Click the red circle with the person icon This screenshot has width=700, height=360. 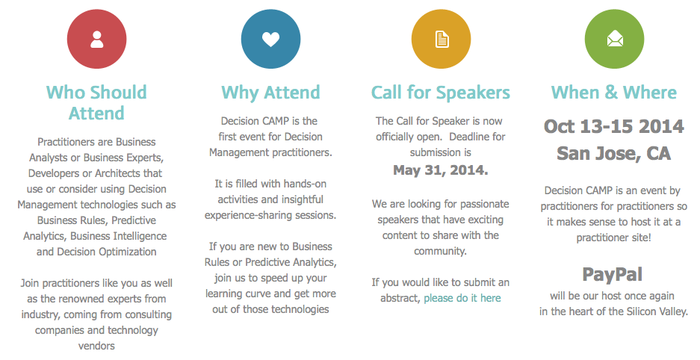(97, 40)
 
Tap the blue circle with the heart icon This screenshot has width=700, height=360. (270, 40)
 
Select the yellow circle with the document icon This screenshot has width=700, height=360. (441, 40)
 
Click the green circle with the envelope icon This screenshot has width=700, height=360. (614, 40)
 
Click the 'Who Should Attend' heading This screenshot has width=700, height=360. (96, 102)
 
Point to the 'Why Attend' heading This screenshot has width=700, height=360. (270, 93)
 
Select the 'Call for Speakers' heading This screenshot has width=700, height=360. (441, 93)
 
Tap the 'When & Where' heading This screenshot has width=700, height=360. (614, 93)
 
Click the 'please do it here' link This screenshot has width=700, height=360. (462, 298)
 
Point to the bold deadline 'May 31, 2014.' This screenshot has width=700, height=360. (441, 170)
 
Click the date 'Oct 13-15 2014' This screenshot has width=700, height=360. (614, 126)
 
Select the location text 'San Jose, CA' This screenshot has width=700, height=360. (614, 153)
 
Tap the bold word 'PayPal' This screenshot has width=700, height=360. (613, 274)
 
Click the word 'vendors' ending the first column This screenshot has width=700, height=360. (96, 346)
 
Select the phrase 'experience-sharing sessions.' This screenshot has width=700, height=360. (270, 215)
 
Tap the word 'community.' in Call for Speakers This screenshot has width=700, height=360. (440, 251)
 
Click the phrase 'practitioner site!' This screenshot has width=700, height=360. (614, 238)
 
